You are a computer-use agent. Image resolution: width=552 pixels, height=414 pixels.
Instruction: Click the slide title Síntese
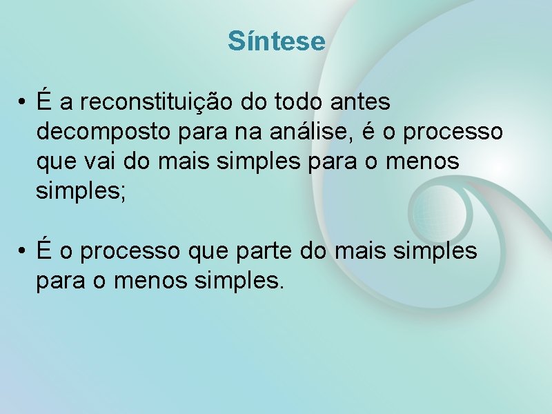276,41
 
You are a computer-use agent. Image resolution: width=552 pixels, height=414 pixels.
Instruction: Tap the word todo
298,103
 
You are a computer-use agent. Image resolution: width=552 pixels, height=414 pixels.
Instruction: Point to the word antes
361,103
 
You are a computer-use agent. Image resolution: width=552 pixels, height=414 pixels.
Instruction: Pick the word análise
322,130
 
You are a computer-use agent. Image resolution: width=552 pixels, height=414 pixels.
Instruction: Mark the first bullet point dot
23,103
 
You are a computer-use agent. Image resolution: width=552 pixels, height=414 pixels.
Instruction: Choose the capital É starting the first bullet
45,101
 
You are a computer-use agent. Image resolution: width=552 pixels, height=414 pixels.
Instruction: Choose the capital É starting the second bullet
45,250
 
